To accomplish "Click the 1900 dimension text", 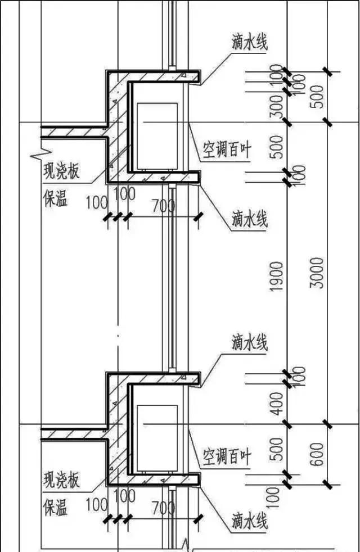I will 276,275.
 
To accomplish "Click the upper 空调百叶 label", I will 227,150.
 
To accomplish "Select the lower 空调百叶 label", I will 227,456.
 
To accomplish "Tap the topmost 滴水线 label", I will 249,43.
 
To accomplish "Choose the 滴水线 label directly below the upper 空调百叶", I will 249,218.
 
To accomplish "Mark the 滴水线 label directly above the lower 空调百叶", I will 249,342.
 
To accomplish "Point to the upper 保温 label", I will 55,198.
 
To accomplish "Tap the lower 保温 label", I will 55,508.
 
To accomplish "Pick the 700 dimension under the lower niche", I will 163,509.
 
